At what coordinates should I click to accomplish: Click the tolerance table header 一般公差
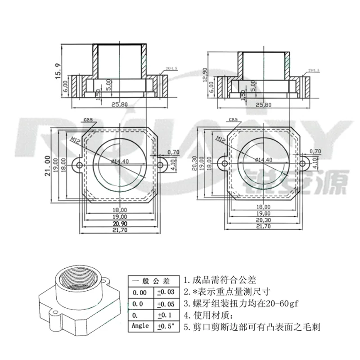point(153,281)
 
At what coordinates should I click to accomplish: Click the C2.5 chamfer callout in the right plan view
point(233,120)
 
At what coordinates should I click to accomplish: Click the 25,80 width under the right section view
point(263,105)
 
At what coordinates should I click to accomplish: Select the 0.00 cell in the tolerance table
point(139,292)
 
